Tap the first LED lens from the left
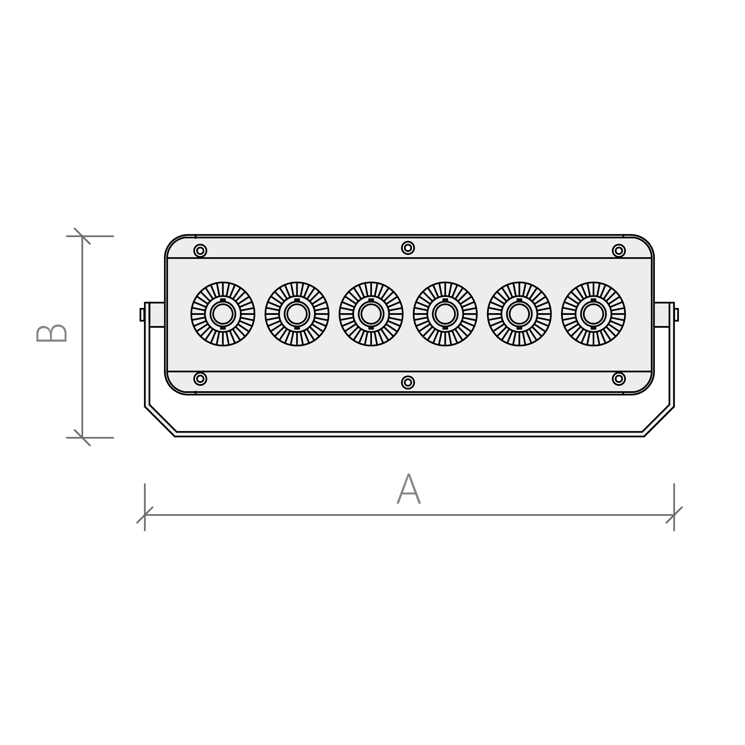[x=223, y=314]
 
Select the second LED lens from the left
[x=297, y=314]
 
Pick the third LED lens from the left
[x=371, y=314]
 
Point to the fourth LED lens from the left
[x=445, y=314]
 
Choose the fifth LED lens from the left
[x=519, y=314]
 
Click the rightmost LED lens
[x=593, y=314]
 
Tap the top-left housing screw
[x=200, y=251]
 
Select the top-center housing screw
[x=408, y=248]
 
